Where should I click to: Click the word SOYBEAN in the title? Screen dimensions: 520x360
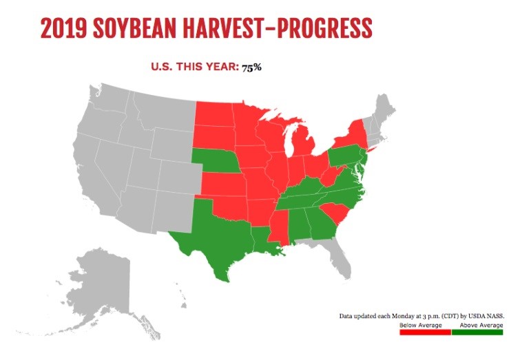(x=134, y=28)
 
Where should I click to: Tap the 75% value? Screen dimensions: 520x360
(x=251, y=67)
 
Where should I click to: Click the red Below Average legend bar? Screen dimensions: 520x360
(x=425, y=332)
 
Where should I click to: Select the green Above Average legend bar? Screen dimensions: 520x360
(x=477, y=332)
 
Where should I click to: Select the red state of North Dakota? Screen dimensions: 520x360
(x=215, y=114)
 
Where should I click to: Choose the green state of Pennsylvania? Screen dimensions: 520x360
(x=345, y=155)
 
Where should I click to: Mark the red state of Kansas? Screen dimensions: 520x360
(x=223, y=184)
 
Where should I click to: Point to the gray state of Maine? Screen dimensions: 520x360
(x=385, y=108)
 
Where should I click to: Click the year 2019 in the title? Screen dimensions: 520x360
(x=63, y=28)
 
